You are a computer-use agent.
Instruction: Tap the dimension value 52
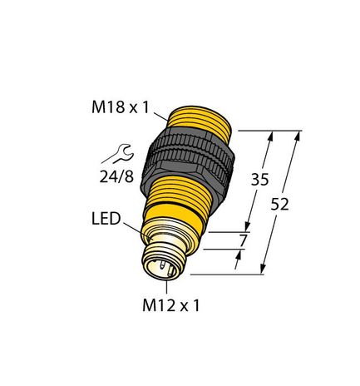tap(280, 206)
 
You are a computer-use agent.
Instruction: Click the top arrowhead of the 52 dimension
tap(298, 134)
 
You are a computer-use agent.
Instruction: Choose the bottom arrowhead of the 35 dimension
tap(249, 230)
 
